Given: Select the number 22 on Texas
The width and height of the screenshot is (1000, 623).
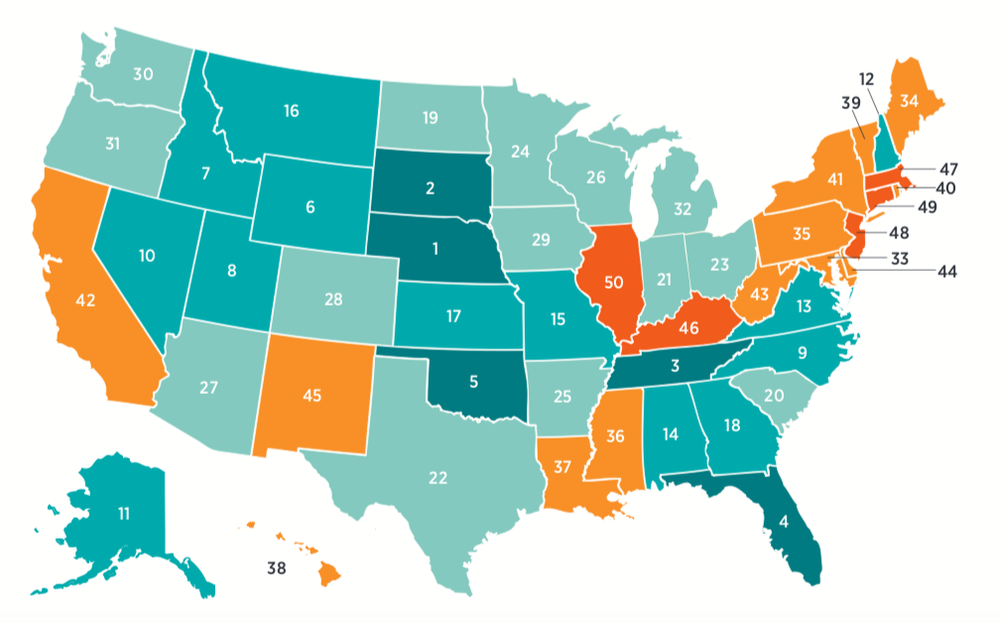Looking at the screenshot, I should tap(437, 478).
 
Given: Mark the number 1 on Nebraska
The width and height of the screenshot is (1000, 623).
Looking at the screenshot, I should tap(432, 247).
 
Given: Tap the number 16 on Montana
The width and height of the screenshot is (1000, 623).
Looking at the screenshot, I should tap(291, 111).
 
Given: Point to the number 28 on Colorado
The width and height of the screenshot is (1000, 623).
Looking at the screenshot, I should tap(332, 299).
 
